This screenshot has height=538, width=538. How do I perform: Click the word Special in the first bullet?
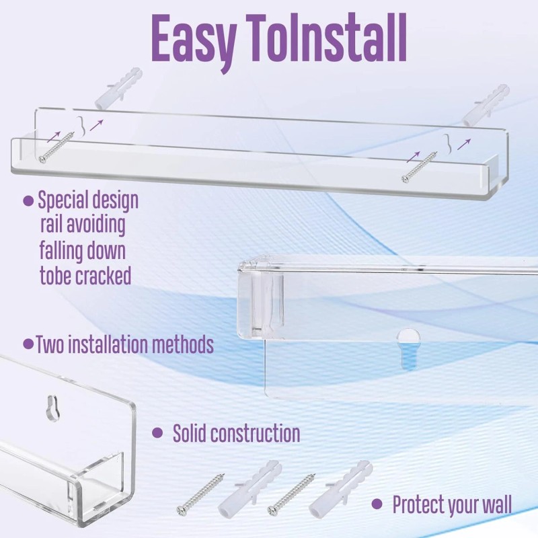66,200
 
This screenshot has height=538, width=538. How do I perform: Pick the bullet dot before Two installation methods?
28,344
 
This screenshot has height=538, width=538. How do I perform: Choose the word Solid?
190,434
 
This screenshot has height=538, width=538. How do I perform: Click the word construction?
256,434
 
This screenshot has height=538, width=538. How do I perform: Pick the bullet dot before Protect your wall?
379,504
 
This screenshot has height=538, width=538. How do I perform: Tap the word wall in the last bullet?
492,504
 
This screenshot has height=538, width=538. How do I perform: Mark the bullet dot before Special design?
28,200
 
